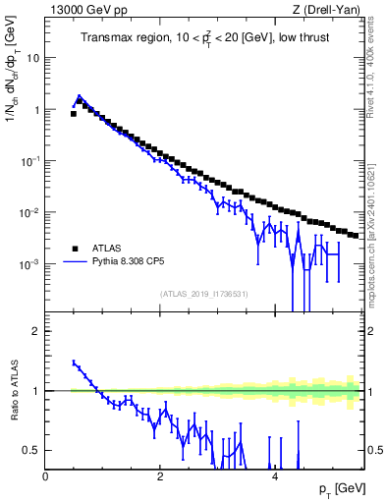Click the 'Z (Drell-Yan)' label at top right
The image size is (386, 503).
tap(329, 10)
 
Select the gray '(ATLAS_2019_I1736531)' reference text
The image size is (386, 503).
tap(203, 294)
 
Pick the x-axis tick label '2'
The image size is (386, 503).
tap(160, 476)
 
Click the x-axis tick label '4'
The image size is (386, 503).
tap(275, 476)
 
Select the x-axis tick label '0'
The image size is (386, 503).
tap(46, 476)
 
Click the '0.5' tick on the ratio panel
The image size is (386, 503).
tap(32, 450)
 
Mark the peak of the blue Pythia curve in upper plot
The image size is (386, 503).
tap(79, 96)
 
